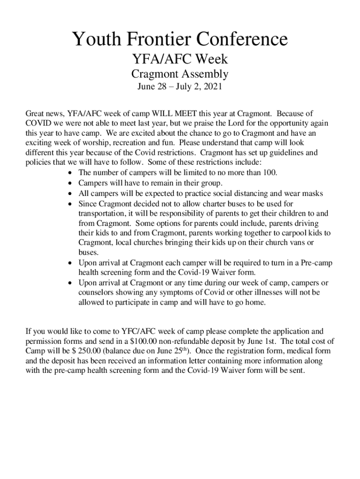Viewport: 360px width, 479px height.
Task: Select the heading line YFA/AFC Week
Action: pyautogui.click(x=180, y=59)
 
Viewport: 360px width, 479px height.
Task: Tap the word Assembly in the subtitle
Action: pyautogui.click(x=205, y=74)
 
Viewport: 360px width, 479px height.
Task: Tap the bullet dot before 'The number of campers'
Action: pyautogui.click(x=70, y=173)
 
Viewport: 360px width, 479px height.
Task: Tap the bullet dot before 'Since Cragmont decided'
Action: pyautogui.click(x=70, y=204)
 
